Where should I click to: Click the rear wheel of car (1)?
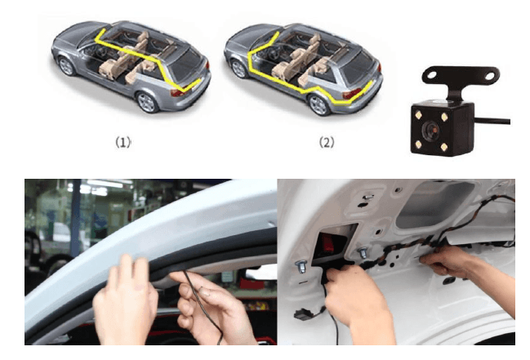pos(147,101)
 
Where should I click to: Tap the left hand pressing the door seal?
pos(127,302)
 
